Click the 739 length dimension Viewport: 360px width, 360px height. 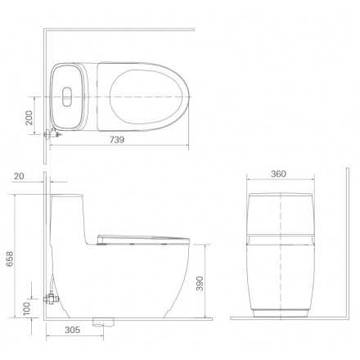point(117,140)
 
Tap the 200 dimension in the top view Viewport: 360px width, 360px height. point(29,118)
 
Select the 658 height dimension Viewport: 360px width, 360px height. point(10,259)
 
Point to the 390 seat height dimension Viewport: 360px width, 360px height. point(200,283)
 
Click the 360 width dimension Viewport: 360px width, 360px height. point(278,173)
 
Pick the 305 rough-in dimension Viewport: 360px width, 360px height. point(73,330)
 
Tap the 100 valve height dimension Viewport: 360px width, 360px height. point(27,308)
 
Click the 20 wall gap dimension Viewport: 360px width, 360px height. point(19,176)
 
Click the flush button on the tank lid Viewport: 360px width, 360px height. point(67,97)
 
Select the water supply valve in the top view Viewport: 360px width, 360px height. point(52,133)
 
